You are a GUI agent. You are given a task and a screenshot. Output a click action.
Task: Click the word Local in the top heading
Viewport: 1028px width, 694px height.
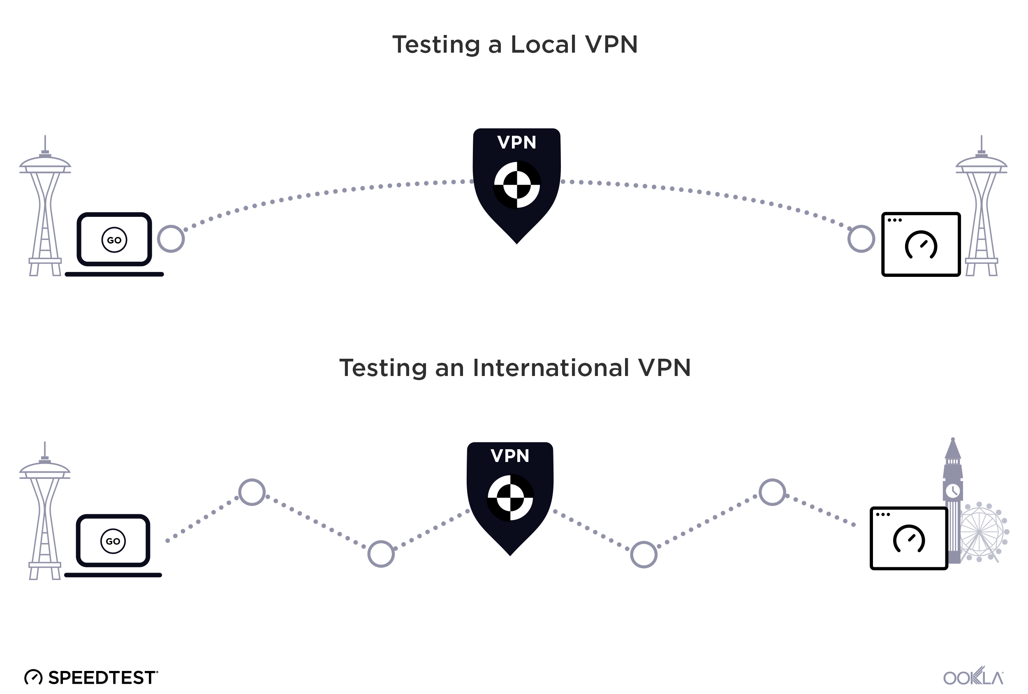point(544,45)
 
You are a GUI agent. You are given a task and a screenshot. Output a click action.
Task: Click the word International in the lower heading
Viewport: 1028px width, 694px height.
point(551,368)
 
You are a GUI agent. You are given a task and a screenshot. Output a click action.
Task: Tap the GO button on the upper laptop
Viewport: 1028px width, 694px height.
point(114,240)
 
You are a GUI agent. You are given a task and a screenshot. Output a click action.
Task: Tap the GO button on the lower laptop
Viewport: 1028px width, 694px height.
point(113,541)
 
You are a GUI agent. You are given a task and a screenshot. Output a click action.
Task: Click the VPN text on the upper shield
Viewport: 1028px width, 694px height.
point(516,142)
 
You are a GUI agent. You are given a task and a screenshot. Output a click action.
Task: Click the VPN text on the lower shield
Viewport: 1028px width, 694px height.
point(509,456)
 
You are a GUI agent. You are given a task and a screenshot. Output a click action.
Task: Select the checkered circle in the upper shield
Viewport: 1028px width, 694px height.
point(516,185)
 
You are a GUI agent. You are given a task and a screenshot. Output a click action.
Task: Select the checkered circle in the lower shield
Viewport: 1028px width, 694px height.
point(510,497)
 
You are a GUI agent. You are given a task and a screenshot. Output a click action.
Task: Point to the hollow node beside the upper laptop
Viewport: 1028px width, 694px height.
point(171,239)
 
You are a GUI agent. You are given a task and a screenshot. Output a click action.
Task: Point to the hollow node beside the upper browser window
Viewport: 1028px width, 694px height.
point(861,239)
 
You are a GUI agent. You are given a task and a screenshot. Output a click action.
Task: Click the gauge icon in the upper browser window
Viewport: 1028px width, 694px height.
point(921,245)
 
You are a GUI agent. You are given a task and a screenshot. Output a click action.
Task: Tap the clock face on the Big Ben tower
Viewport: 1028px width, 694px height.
point(952,490)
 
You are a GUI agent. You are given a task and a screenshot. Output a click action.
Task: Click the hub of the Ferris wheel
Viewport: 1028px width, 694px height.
point(979,531)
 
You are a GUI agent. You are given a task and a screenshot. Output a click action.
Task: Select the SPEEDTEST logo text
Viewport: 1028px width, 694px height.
point(101,678)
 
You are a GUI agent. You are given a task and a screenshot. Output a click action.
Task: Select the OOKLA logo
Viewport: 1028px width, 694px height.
point(973,677)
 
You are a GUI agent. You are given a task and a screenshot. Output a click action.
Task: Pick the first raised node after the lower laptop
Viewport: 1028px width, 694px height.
point(252,492)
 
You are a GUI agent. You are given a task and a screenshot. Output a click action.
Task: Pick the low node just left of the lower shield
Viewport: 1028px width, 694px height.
point(381,554)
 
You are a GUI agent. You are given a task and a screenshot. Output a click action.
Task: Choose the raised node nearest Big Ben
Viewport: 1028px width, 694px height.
point(772,492)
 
